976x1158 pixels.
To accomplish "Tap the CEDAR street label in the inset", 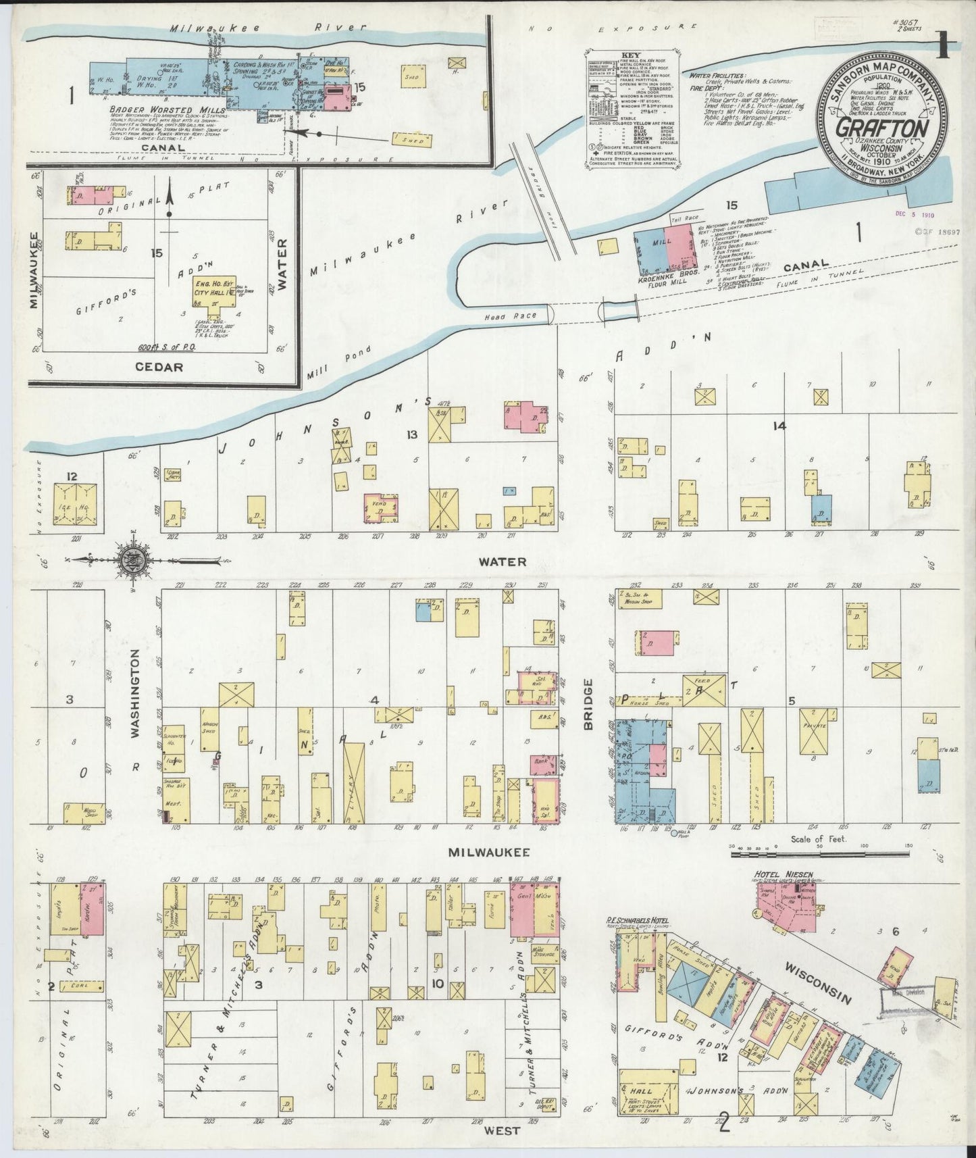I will click(161, 367).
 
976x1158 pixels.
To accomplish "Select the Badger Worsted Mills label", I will click(165, 107).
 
